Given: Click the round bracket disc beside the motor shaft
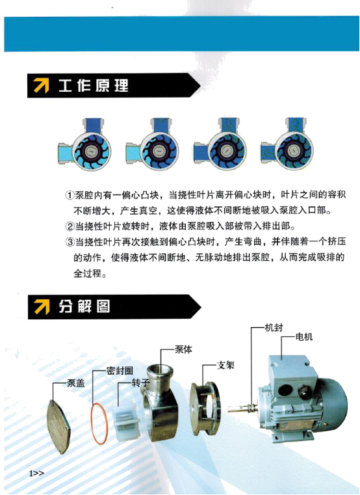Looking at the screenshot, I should (207, 403).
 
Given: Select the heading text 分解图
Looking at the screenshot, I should (84, 306).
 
